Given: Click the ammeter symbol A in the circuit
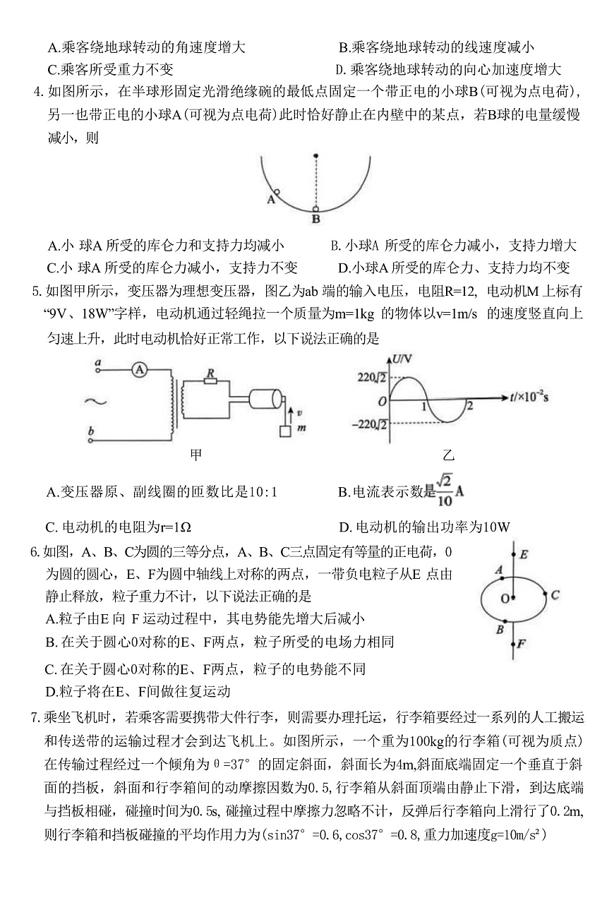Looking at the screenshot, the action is click(140, 369).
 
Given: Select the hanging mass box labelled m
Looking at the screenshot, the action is click(285, 430).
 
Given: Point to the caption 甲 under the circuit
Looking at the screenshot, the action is click(196, 455).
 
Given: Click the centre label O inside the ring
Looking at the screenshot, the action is click(505, 599).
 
